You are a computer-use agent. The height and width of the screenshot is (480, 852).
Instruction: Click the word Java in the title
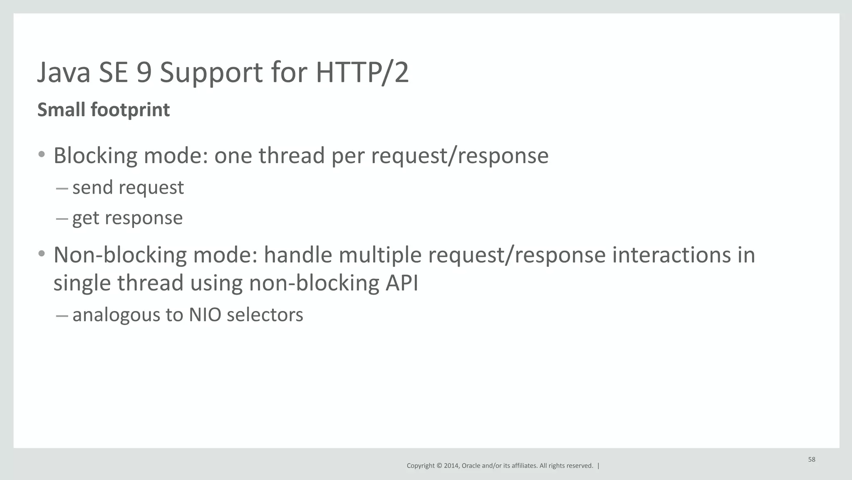pos(64,72)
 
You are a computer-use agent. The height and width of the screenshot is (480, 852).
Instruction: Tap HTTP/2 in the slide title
pos(362,72)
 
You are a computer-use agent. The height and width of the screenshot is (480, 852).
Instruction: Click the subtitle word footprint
pos(130,110)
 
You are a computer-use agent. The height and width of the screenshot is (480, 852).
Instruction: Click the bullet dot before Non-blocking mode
pos(41,254)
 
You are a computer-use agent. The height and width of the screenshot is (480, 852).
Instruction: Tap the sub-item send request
pos(128,187)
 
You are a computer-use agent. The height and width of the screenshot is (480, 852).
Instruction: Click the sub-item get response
pos(127,218)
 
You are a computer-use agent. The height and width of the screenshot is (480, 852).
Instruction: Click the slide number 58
pos(811,459)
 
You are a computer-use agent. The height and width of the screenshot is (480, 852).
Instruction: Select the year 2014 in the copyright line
pos(451,466)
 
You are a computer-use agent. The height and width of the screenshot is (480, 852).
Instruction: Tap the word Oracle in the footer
pos(471,466)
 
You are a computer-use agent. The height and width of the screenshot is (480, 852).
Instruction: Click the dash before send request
pos(62,188)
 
